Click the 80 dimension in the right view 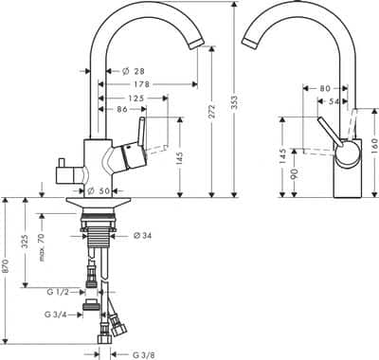click(325, 88)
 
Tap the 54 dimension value click(337, 100)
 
